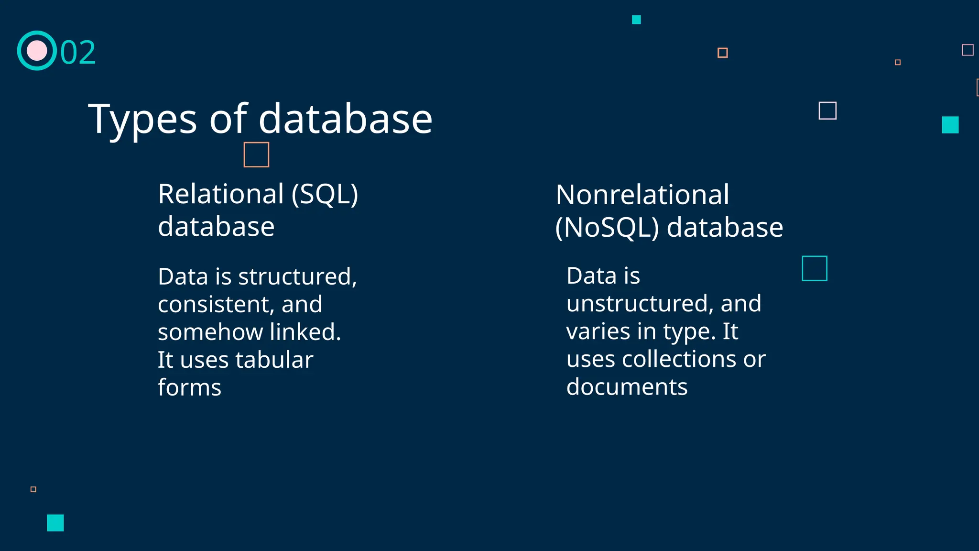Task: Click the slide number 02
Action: click(x=78, y=52)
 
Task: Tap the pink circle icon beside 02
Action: click(x=37, y=51)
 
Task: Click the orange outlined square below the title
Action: click(x=256, y=154)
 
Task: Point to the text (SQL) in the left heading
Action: click(x=325, y=194)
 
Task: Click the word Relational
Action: click(x=221, y=194)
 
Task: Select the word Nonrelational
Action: click(x=642, y=195)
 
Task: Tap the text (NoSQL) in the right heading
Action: click(x=607, y=227)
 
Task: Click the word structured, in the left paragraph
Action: click(x=297, y=276)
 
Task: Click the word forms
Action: click(x=189, y=387)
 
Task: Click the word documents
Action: click(x=627, y=386)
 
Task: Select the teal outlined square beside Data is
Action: click(x=814, y=268)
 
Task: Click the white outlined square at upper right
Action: click(x=827, y=110)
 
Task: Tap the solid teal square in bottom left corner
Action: click(x=55, y=523)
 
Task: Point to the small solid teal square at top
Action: click(x=636, y=20)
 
